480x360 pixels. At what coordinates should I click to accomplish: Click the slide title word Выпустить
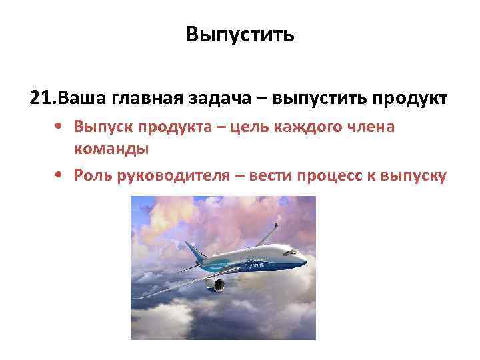tap(240, 33)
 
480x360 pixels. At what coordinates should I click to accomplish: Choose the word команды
tap(111, 149)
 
